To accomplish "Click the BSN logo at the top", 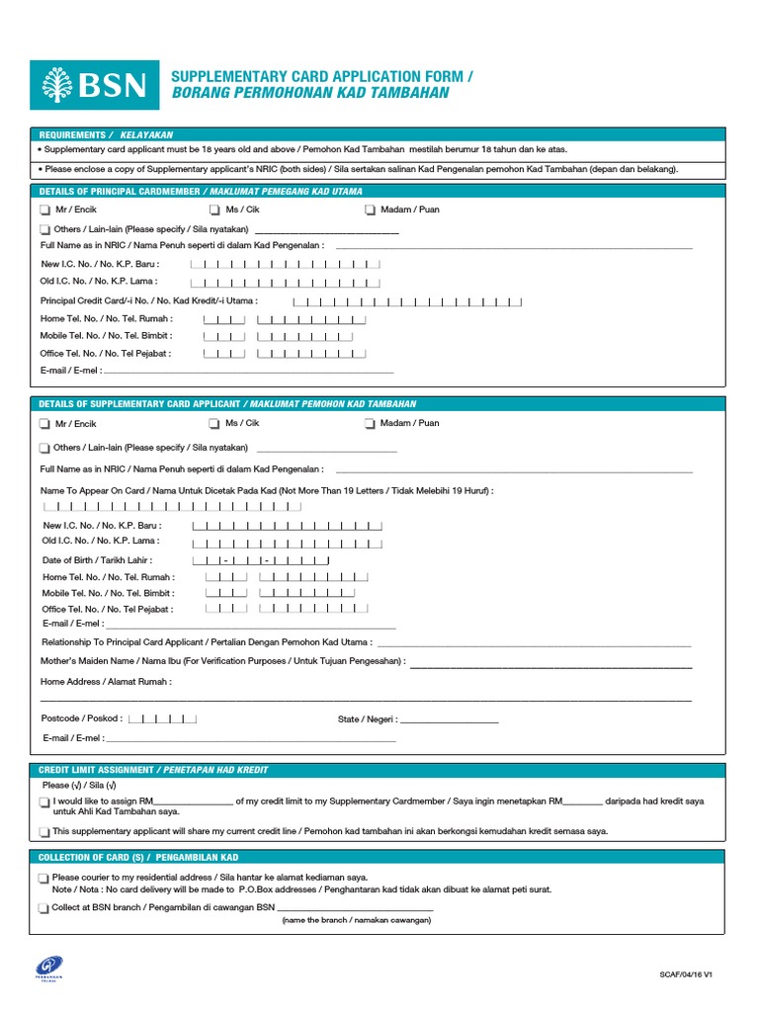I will click(95, 84).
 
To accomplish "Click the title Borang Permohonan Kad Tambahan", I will click(310, 94).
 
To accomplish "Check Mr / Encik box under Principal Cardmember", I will click(45, 210).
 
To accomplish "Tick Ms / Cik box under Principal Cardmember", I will click(215, 210).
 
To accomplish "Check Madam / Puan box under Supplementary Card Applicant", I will click(370, 424).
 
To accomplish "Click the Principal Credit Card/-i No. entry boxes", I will click(407, 301).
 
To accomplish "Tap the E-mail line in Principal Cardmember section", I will click(247, 371).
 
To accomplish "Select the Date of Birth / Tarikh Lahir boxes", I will click(267, 560).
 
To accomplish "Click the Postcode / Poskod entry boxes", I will click(163, 718).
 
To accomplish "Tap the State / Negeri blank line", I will click(449, 720).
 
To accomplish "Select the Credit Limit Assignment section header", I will click(153, 770).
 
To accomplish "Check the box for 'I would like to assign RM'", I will click(44, 802).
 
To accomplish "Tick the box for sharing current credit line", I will click(44, 832).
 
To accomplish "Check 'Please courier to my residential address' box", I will click(44, 878).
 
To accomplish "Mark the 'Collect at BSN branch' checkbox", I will click(44, 908).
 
